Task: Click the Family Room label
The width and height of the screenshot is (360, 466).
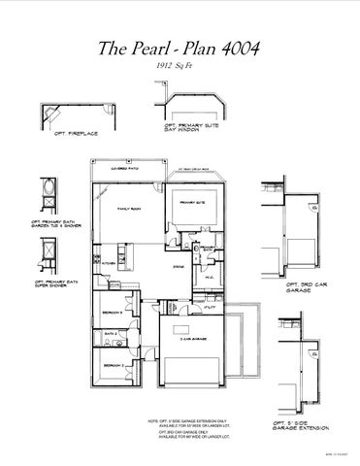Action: coord(130,210)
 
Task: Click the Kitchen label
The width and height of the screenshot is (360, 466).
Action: coord(109,263)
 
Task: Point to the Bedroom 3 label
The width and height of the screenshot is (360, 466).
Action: coord(112,313)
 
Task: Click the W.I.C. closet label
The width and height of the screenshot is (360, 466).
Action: coord(211,277)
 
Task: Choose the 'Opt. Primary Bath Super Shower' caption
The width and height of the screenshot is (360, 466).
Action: coord(56,283)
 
